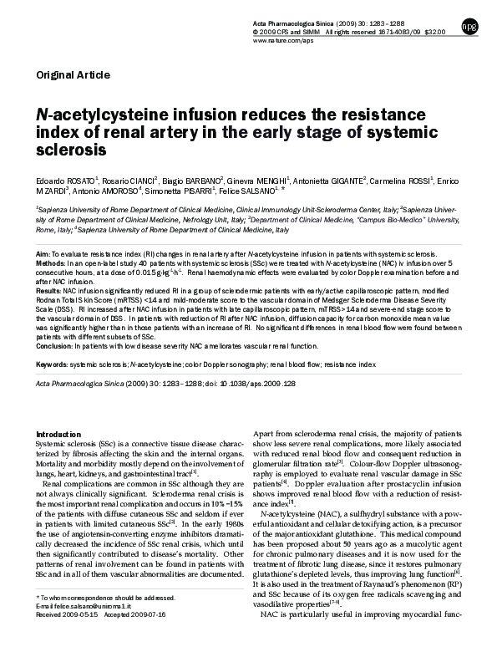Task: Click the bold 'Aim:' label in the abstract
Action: point(43,251)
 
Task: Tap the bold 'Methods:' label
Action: point(51,262)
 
